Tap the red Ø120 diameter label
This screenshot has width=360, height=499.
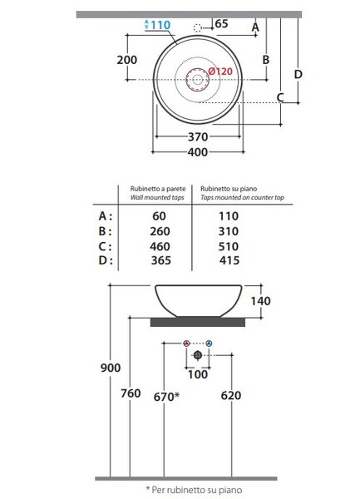(220, 72)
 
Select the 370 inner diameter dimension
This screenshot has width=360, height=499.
(198, 137)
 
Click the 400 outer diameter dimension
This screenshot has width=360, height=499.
(198, 152)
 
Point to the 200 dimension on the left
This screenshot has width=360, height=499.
(127, 60)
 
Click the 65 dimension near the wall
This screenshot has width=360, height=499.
(222, 24)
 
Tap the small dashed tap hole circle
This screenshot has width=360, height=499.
(198, 28)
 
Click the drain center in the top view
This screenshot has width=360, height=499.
(197, 79)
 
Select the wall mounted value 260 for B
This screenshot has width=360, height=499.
(160, 231)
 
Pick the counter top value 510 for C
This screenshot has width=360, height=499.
(229, 246)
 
